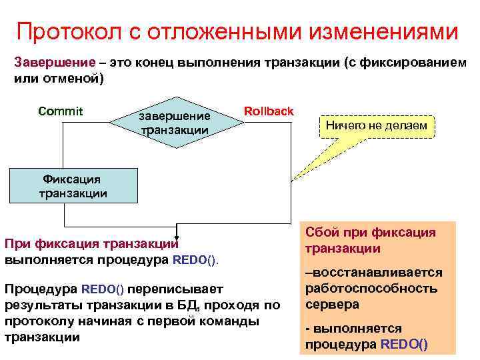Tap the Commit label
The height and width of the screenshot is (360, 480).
(x=61, y=111)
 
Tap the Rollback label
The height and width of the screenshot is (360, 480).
(x=269, y=111)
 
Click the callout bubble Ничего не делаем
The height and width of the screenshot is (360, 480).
(x=377, y=125)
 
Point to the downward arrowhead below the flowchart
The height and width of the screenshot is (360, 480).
(x=177, y=234)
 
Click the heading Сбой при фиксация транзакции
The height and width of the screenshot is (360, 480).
(x=371, y=241)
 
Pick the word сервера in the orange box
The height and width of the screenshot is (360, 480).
(x=333, y=304)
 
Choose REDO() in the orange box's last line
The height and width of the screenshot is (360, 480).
(x=404, y=345)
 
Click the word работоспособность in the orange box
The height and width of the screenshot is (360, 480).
(x=371, y=289)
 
